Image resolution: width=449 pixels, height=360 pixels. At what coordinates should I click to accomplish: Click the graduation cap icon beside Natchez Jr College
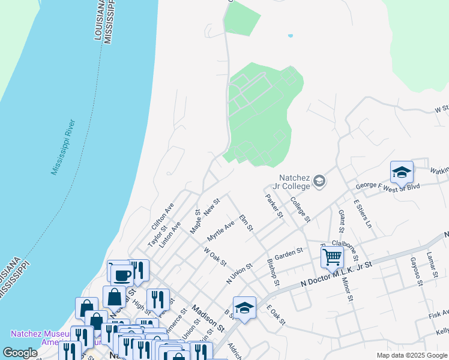coord(320,181)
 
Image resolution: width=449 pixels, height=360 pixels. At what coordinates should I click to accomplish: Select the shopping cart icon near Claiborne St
coord(331,257)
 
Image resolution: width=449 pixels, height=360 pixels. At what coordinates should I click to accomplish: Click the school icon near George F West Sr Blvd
coord(402,173)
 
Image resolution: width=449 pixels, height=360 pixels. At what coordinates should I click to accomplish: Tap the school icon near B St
coord(244,308)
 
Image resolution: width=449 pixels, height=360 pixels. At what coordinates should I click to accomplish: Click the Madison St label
coord(207,319)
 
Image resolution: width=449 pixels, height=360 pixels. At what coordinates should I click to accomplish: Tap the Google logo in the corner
coord(20,353)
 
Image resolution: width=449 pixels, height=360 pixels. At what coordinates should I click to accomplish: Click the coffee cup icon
coord(122,275)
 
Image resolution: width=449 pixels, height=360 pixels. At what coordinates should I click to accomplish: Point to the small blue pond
coord(291,36)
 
